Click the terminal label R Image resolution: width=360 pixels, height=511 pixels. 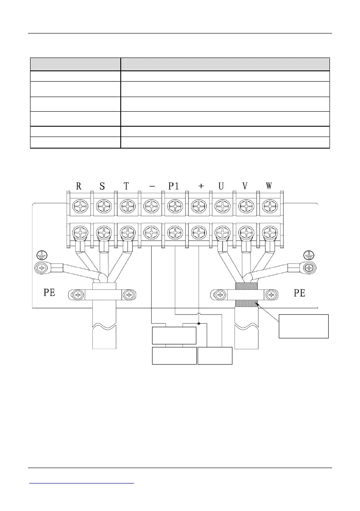79,186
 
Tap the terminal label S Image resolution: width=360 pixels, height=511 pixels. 102,186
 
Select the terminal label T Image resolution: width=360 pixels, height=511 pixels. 126,186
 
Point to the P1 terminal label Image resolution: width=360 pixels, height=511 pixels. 174,186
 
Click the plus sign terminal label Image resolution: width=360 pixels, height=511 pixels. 201,186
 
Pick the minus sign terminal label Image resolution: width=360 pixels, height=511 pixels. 151,186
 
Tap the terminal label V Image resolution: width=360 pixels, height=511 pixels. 245,186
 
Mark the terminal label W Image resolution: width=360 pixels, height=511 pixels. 269,186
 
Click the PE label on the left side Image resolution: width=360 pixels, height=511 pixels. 49,293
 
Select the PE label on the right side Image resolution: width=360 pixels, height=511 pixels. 299,293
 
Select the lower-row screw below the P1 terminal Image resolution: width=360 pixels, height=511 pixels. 174,234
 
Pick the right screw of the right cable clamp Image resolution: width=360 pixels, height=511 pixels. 271,295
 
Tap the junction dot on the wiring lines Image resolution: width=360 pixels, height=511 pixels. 199,322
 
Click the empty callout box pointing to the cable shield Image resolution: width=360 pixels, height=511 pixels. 303,326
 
